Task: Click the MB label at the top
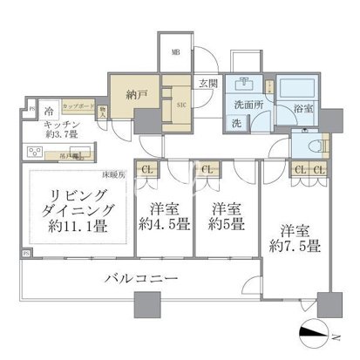pos(176,51)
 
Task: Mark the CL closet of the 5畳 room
pos(207,169)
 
